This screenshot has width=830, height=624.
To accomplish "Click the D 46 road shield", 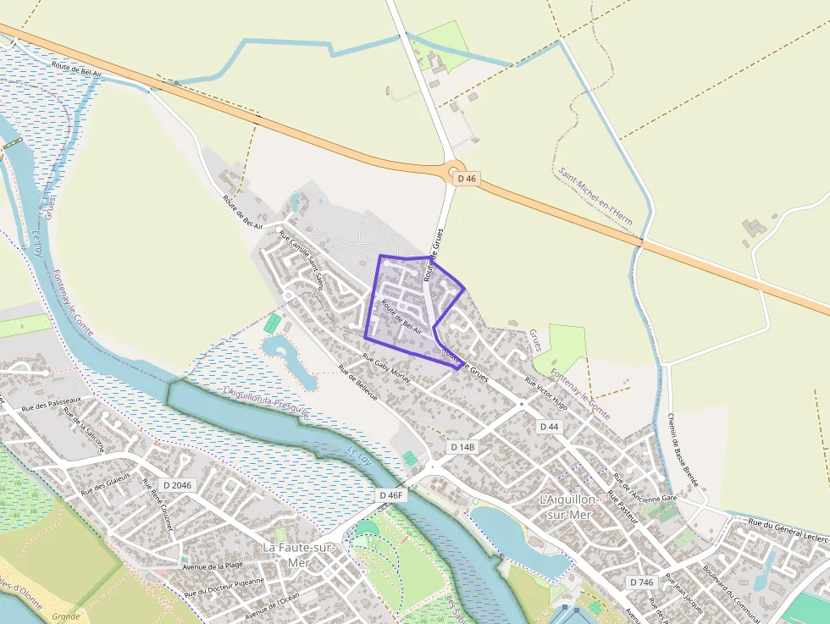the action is [467, 179].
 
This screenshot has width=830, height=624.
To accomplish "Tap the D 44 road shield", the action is [549, 427].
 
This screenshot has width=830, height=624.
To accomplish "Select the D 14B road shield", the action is [463, 446].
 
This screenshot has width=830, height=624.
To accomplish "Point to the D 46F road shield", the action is [392, 494].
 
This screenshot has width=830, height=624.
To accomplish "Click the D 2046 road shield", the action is [177, 484].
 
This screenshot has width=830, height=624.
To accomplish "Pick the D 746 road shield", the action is [643, 583].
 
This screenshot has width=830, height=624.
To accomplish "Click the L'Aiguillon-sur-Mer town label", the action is [568, 506].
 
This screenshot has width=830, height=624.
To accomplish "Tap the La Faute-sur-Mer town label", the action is [298, 555].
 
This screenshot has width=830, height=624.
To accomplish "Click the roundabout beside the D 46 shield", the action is [454, 170].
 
